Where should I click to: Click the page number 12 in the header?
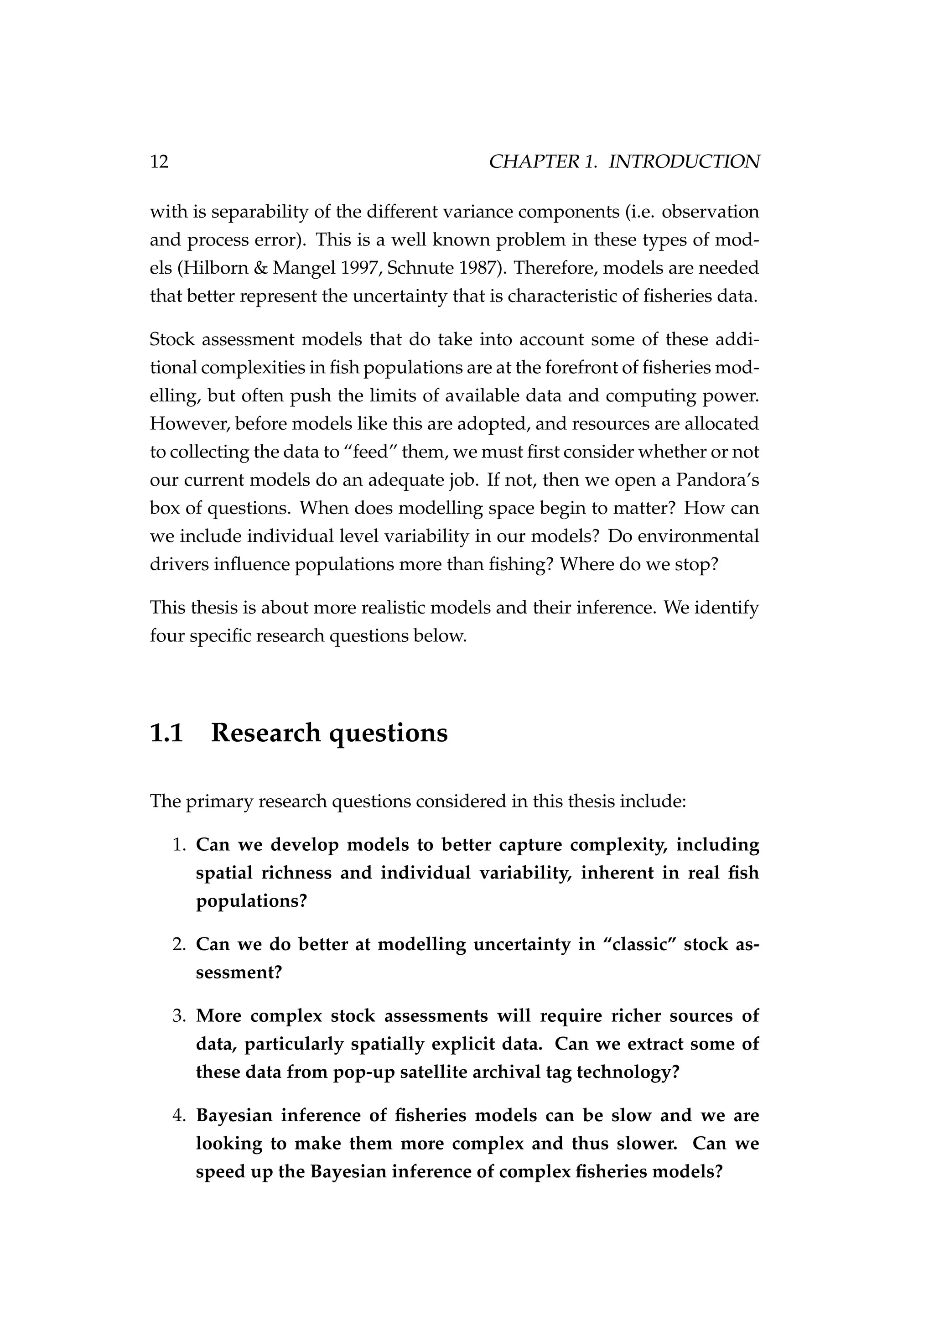(159, 161)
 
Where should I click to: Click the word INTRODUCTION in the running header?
(684, 161)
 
